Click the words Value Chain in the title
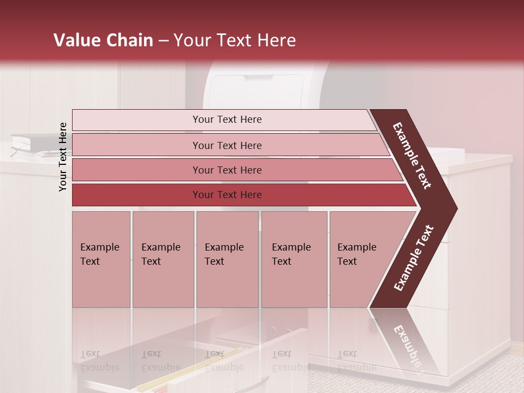click(103, 40)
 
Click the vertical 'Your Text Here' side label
click(63, 157)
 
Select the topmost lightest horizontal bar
click(227, 120)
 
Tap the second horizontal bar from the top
click(227, 145)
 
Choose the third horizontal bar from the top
click(227, 170)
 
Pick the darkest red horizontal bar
click(227, 195)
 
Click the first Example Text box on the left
click(101, 259)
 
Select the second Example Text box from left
click(163, 259)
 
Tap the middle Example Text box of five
click(227, 259)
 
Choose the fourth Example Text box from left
click(294, 259)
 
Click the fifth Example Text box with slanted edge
click(360, 259)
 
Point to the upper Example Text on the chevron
click(412, 156)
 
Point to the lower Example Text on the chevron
click(414, 258)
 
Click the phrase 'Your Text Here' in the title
click(235, 40)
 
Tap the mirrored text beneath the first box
click(99, 361)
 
